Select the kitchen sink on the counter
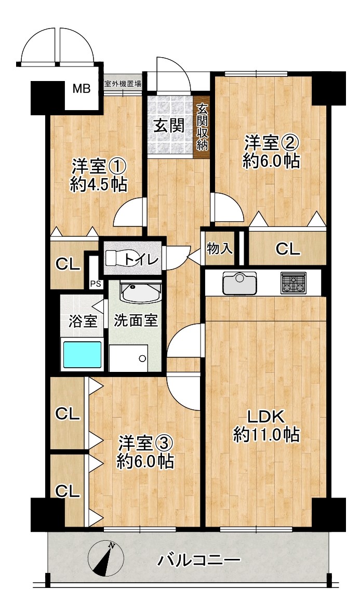point(239,283)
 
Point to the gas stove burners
point(294,283)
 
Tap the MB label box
point(82,89)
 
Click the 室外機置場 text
point(123,84)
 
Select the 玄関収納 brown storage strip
point(202,126)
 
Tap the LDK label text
point(266,417)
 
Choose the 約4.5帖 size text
point(99,184)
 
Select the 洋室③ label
point(145,444)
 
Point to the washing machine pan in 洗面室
point(128,358)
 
